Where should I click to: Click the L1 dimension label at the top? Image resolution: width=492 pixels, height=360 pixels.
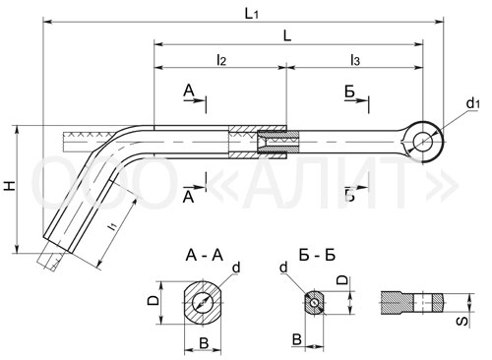click(x=252, y=14)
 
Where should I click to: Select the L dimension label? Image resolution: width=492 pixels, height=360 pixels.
click(x=287, y=36)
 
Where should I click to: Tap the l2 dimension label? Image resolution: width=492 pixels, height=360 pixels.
click(x=221, y=60)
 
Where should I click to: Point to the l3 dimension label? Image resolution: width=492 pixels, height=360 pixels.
click(x=355, y=60)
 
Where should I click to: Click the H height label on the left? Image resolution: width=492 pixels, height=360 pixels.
click(x=10, y=186)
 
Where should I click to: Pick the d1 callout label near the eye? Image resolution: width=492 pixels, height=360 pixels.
click(x=473, y=103)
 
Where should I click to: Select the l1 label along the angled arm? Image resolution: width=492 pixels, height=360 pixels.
click(x=112, y=226)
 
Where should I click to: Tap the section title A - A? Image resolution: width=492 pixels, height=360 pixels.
click(x=204, y=256)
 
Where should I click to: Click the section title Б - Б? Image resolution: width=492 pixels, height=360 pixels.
click(x=317, y=256)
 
